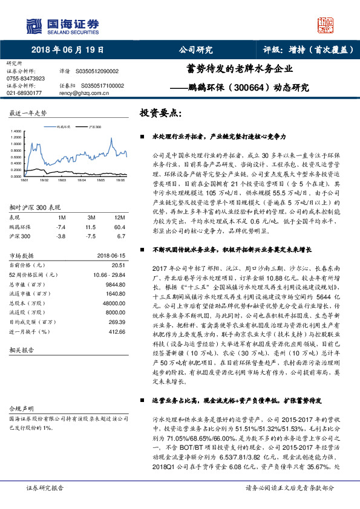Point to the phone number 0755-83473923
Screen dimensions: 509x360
(x=26, y=79)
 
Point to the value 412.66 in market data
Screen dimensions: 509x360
(x=116, y=332)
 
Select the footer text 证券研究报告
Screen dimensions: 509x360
(x=44, y=487)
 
